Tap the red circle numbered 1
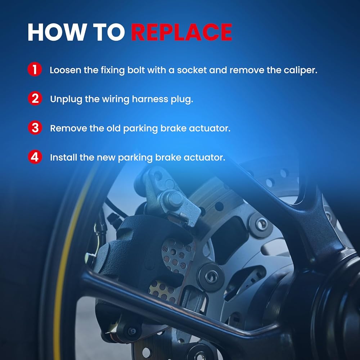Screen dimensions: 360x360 [35, 69]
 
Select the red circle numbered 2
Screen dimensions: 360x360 [35, 99]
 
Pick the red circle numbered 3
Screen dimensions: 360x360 [35, 128]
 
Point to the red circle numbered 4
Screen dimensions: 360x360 [35, 157]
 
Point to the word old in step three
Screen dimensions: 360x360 [113, 128]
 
